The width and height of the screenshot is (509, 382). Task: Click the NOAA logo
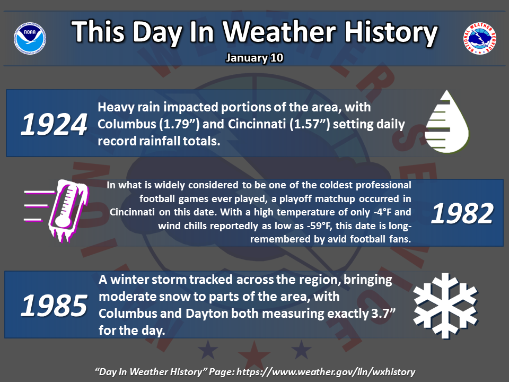pos(30,38)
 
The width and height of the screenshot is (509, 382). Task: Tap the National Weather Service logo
pos(479,38)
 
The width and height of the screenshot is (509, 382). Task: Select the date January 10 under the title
pos(254,58)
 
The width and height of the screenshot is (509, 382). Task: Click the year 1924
pos(54,124)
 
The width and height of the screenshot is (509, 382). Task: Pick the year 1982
pos(462,213)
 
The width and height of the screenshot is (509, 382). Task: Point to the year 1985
pos(54,306)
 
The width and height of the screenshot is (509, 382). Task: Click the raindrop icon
pos(447,121)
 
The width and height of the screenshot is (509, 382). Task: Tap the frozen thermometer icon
pos(56,211)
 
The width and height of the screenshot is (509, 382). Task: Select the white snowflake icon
pos(445,306)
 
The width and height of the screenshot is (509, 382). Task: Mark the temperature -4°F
pos(382,212)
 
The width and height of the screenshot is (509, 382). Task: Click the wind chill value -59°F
pos(319,226)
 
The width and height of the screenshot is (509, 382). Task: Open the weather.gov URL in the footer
pos(326,372)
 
